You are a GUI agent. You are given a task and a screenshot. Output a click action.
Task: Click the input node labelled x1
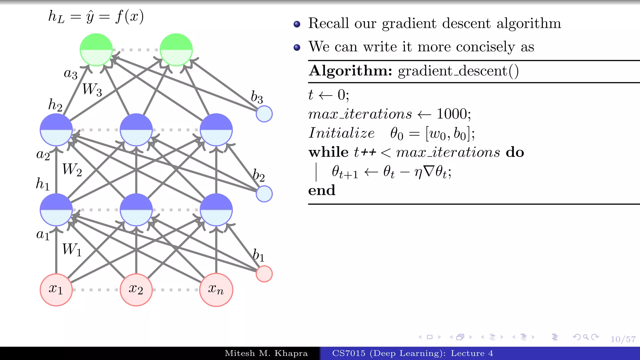point(56,290)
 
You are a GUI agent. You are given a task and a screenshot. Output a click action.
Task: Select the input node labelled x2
point(136,290)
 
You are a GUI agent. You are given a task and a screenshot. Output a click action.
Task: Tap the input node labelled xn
point(216,290)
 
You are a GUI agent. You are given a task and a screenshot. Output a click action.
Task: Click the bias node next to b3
point(264,114)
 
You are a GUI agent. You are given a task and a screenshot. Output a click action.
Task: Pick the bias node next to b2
point(264,194)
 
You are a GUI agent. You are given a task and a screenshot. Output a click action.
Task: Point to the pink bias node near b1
point(264,274)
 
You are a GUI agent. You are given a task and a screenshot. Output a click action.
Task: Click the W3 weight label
point(92,89)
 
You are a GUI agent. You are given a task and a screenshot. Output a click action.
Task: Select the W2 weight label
point(72,170)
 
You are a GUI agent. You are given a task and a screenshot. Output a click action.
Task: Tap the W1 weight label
point(72,250)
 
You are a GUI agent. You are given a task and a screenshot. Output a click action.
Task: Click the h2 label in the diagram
point(55,105)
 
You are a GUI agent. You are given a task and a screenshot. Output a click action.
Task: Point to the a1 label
point(43,234)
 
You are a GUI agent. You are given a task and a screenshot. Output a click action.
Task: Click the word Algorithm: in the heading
point(350,71)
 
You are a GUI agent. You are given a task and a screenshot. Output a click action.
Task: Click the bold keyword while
point(328,152)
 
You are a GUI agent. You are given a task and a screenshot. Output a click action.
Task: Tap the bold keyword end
point(322,190)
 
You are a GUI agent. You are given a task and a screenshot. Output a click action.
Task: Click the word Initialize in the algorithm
point(341,133)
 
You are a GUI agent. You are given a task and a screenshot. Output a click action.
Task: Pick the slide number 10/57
point(623,339)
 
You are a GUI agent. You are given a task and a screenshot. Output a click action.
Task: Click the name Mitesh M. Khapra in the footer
point(266,353)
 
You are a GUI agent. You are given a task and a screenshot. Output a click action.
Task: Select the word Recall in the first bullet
point(328,23)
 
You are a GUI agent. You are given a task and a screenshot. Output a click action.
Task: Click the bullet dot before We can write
point(297,47)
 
